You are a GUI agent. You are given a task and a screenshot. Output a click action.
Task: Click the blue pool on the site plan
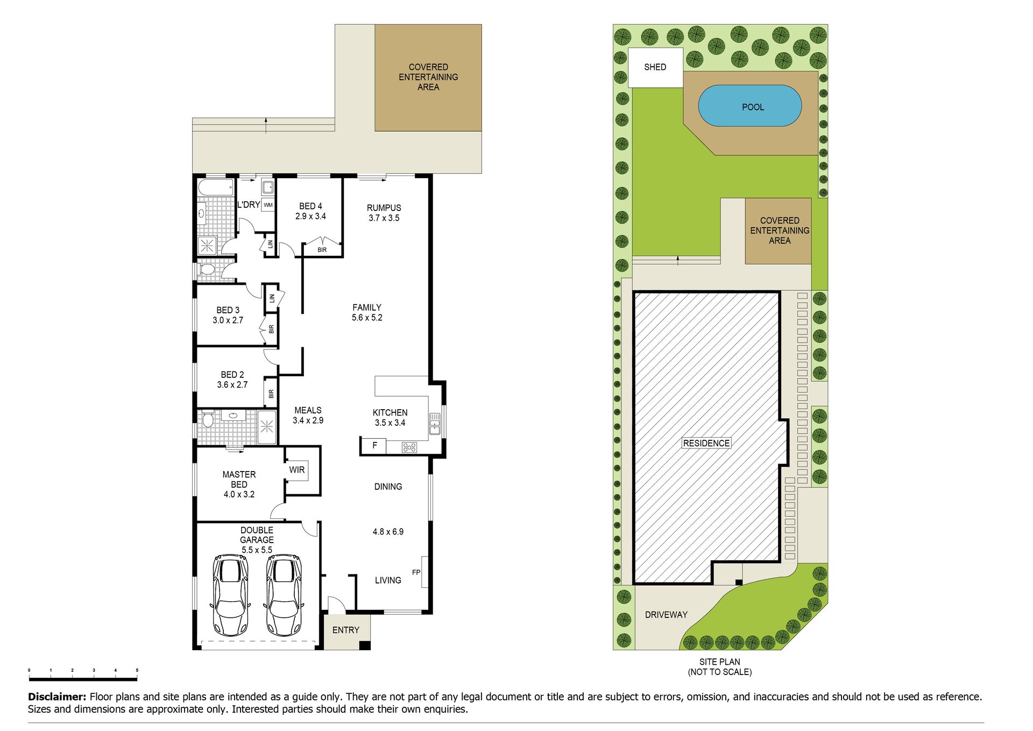click(749, 106)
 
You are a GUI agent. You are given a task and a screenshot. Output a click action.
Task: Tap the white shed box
click(655, 67)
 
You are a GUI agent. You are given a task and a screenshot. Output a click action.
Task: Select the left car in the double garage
click(231, 595)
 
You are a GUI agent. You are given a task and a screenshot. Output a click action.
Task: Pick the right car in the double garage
click(284, 595)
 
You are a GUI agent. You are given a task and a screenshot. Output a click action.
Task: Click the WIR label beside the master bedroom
click(297, 470)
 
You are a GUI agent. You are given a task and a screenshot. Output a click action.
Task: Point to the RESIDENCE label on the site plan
click(706, 443)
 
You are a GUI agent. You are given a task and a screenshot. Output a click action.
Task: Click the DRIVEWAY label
click(666, 615)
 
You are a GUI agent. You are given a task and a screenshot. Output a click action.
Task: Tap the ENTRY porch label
click(345, 630)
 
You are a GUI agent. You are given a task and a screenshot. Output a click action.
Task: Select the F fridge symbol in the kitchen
click(374, 446)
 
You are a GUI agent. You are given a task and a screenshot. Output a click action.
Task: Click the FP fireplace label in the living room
click(416, 572)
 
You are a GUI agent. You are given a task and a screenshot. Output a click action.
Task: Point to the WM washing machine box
click(268, 205)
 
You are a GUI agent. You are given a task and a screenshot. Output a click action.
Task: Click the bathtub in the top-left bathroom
click(216, 188)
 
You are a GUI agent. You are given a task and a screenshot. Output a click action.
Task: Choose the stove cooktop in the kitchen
click(409, 447)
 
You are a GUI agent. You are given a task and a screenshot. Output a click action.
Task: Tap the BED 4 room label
click(310, 206)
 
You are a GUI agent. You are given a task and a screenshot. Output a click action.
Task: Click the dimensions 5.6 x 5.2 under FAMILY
click(367, 318)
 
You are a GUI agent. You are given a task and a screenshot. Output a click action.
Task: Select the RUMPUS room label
click(384, 208)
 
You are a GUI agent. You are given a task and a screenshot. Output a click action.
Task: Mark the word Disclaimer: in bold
click(57, 697)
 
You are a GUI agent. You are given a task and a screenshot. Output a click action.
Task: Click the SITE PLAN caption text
click(720, 662)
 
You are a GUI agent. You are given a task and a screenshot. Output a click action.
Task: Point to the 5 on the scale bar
click(137, 670)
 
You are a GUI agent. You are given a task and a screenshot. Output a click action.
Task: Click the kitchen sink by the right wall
click(435, 424)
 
